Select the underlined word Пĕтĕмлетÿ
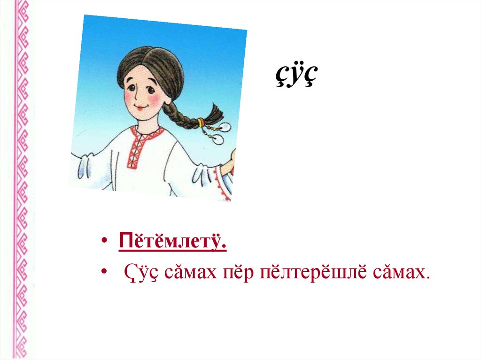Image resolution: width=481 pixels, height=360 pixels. tap(173, 244)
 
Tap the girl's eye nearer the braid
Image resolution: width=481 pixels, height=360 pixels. tap(149, 87)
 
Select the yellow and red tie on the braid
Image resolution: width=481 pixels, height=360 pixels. tap(202, 123)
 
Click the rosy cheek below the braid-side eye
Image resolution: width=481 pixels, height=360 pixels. tap(157, 101)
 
